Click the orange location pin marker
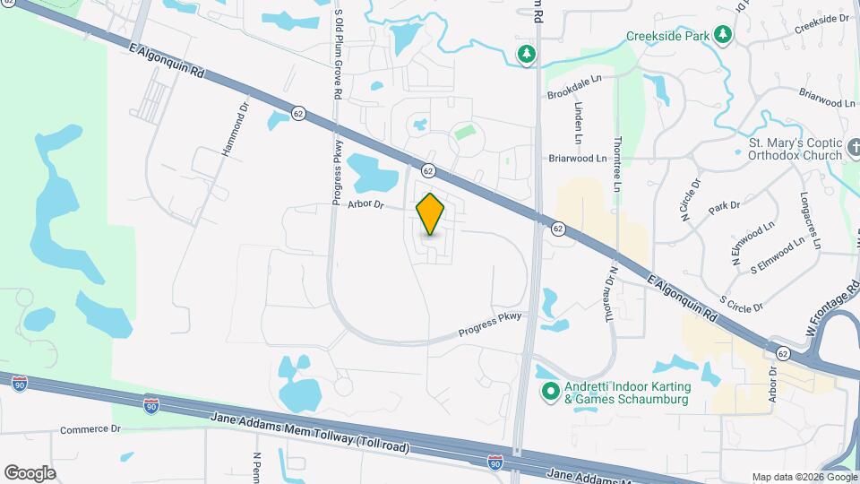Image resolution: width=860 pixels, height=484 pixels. [431, 213]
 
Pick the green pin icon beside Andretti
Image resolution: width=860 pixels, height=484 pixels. [551, 392]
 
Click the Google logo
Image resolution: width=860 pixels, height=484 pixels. [30, 472]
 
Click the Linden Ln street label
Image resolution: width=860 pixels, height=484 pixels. [578, 123]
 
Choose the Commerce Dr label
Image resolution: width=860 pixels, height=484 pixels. [90, 429]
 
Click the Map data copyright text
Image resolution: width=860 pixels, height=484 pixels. [804, 477]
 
